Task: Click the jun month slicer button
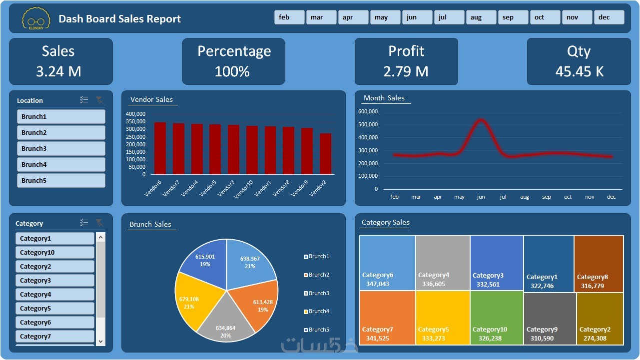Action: [x=417, y=17]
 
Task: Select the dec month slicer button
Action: [x=609, y=17]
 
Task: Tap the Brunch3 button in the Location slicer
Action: [x=61, y=148]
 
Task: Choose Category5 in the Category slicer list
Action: [x=54, y=308]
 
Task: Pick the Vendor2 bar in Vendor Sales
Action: [x=325, y=154]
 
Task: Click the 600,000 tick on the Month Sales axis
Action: [x=368, y=111]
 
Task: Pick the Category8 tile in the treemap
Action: [x=599, y=264]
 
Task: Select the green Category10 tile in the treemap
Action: [x=496, y=318]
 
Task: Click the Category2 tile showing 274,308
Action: [x=600, y=319]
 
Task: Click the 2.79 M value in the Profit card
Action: [x=406, y=71]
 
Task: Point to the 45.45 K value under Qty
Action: [x=579, y=71]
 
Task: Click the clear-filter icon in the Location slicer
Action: [x=100, y=100]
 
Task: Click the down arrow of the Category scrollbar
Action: [x=100, y=342]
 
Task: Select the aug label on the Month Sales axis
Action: [x=524, y=197]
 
